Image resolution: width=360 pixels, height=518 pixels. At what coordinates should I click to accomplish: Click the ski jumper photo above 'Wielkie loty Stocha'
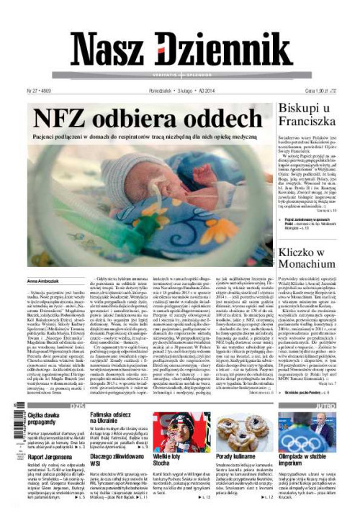[x=171, y=431]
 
